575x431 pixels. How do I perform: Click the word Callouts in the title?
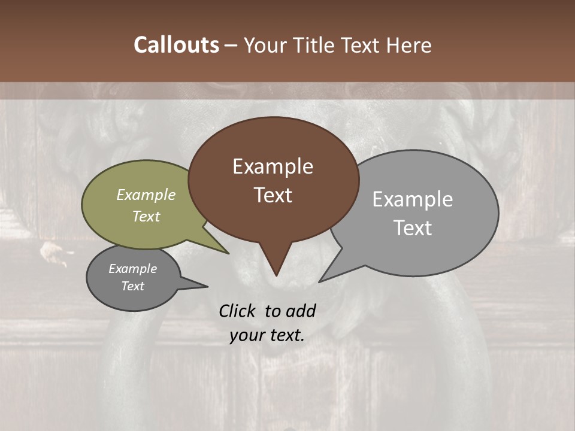click(x=176, y=45)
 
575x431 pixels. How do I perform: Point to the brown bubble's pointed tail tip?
click(x=276, y=275)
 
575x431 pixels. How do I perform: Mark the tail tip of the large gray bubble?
click(x=320, y=281)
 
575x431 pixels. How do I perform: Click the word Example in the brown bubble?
click(x=273, y=166)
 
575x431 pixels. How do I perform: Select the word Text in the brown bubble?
click(x=273, y=195)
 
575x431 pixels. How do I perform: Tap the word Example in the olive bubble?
click(x=146, y=195)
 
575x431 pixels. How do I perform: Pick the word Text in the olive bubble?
click(x=146, y=216)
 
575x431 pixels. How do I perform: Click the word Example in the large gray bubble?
click(x=412, y=199)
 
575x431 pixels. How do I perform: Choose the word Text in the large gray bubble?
click(x=412, y=228)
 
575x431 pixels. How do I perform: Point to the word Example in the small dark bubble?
click(x=132, y=269)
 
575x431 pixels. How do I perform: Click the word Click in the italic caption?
click(x=238, y=311)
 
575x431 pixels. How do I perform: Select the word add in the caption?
click(x=301, y=311)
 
